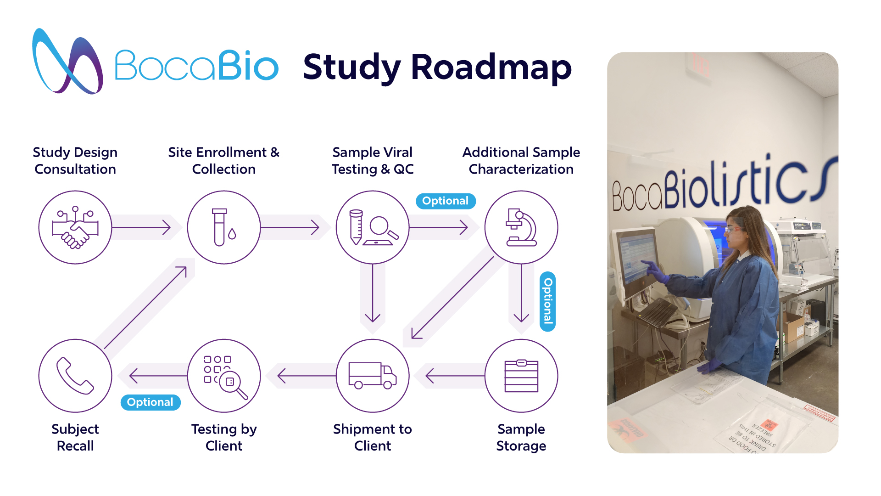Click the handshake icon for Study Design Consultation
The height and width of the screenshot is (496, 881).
(x=75, y=227)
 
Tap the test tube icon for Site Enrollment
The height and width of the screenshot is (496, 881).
(x=224, y=227)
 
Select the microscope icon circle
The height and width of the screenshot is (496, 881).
(x=521, y=227)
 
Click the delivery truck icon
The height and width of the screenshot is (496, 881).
(x=373, y=376)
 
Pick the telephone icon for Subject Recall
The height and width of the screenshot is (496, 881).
(x=75, y=376)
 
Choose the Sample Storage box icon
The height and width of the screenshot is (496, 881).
(x=521, y=376)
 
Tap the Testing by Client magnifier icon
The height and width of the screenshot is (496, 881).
(x=224, y=376)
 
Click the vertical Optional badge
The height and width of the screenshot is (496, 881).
(x=548, y=301)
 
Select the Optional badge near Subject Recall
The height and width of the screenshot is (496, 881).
(x=151, y=402)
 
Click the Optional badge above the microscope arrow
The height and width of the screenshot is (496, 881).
(x=446, y=201)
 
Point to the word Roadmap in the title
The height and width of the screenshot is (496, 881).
(x=491, y=68)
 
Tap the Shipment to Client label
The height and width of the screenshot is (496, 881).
(x=373, y=437)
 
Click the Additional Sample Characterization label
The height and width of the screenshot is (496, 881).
(x=521, y=161)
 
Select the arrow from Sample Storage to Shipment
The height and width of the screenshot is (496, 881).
(x=454, y=376)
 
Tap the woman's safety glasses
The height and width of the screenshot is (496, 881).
(x=733, y=228)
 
